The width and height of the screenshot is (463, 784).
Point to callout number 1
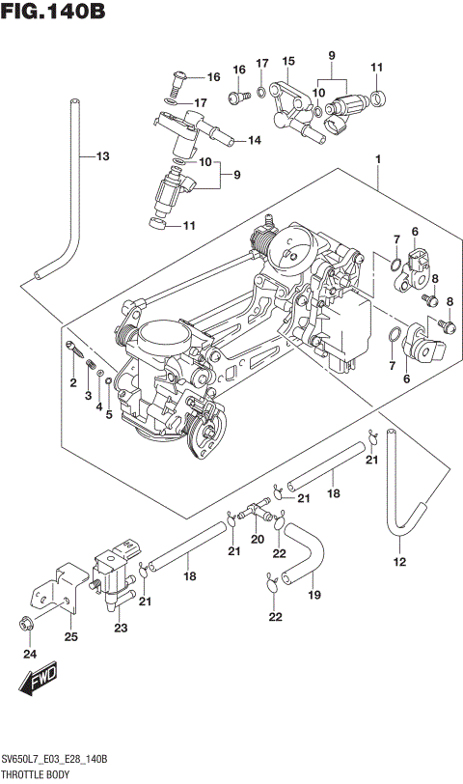click(379, 159)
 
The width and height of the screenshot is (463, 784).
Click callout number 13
click(101, 157)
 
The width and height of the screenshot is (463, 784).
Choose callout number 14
click(255, 141)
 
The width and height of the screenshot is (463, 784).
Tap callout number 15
click(287, 61)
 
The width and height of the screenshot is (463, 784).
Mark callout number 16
click(213, 77)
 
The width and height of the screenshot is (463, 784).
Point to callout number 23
click(121, 629)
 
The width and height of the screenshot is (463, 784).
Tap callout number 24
click(29, 656)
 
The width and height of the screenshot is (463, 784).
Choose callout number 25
click(70, 635)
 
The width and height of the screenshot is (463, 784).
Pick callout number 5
click(109, 415)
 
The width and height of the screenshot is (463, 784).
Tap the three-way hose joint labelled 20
click(256, 506)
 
